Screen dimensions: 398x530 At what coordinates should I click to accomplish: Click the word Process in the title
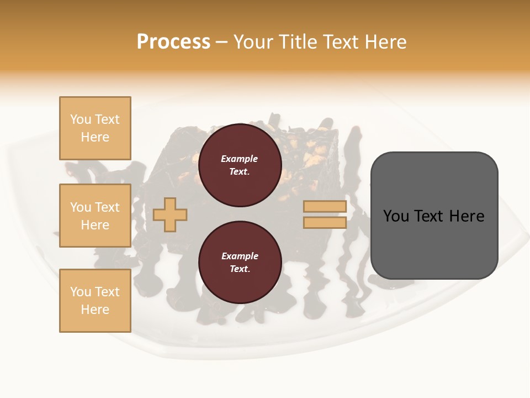coord(173,41)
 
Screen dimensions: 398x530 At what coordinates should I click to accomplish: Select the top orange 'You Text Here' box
coord(95,128)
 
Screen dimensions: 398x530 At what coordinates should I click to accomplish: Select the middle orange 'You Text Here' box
coord(95,216)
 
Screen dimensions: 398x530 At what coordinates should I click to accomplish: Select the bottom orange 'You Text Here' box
coord(95,301)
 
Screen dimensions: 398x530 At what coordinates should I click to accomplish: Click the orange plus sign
coord(170,214)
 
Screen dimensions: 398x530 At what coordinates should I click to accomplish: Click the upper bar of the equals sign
coord(325,207)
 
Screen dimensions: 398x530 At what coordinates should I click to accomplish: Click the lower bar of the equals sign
coord(325,223)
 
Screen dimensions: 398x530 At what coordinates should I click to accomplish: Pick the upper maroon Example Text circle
coord(240,165)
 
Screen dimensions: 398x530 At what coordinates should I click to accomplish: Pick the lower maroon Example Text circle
coord(240,262)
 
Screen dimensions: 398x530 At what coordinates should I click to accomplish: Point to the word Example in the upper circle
coord(240,159)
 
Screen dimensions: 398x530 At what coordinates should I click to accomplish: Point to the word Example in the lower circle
coord(240,256)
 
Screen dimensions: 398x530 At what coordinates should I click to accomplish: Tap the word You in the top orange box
coord(80,119)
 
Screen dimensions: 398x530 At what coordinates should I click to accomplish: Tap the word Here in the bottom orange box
coord(95,310)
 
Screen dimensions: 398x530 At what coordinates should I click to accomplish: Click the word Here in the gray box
coord(467,216)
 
